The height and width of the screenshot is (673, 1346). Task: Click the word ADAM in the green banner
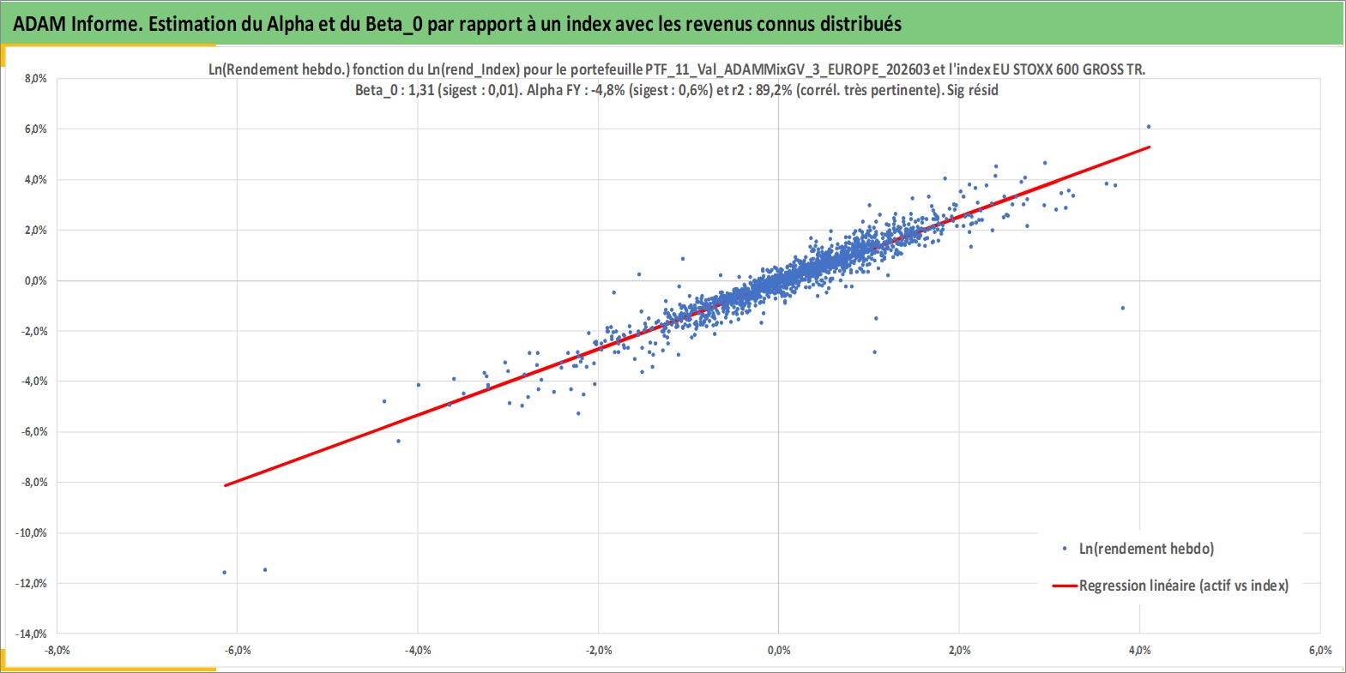click(x=39, y=24)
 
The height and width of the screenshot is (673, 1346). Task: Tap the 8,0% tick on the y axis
click(x=35, y=79)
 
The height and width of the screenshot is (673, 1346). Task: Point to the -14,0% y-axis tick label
click(x=31, y=634)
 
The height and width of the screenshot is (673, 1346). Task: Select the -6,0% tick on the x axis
click(x=238, y=651)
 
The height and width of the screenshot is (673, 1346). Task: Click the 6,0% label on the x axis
click(x=1320, y=651)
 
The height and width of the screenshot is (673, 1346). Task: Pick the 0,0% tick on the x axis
click(x=779, y=651)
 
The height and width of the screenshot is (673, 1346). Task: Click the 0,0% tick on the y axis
click(x=35, y=281)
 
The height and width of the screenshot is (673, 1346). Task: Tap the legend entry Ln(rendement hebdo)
click(x=1146, y=549)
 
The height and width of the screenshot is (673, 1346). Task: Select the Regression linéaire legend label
click(x=1184, y=586)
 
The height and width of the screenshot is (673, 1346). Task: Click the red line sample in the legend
click(x=1064, y=586)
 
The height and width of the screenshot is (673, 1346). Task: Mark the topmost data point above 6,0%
click(x=1149, y=127)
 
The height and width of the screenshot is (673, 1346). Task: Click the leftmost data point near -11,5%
click(x=225, y=572)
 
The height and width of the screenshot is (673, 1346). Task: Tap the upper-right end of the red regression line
click(x=1150, y=147)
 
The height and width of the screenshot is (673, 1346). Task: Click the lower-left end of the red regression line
click(x=225, y=485)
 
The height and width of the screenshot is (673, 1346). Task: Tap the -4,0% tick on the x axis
click(x=418, y=651)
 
